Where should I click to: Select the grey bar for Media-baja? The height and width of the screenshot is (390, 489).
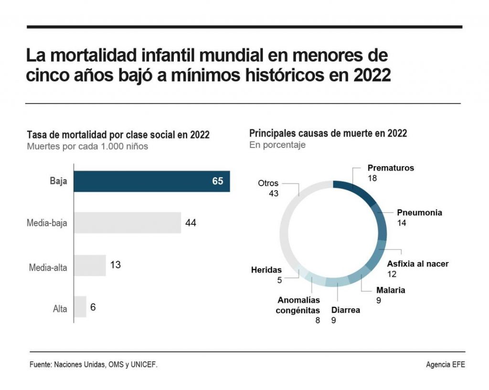tap(128, 223)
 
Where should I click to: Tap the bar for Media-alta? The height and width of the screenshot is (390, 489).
tap(90, 265)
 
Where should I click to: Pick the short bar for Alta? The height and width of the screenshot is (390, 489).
tap(80, 307)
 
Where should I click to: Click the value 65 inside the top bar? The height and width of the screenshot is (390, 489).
tap(217, 182)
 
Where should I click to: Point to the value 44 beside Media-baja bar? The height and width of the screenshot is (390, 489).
tap(191, 223)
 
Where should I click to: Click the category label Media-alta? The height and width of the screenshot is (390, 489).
tap(48, 267)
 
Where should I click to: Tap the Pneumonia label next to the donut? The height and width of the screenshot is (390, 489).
tap(420, 213)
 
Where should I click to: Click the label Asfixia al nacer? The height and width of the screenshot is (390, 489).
tap(418, 264)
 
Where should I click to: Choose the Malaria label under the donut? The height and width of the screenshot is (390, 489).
tap(391, 290)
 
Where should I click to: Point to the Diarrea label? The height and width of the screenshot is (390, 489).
tap(346, 310)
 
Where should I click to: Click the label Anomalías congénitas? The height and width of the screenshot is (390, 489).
tap(298, 306)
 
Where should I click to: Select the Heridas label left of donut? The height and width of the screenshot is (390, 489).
tap(266, 270)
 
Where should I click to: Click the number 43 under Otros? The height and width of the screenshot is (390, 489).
tap(273, 193)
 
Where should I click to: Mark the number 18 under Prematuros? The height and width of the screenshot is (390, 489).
tap(372, 178)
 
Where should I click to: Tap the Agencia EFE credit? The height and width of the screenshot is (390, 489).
tap(445, 365)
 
